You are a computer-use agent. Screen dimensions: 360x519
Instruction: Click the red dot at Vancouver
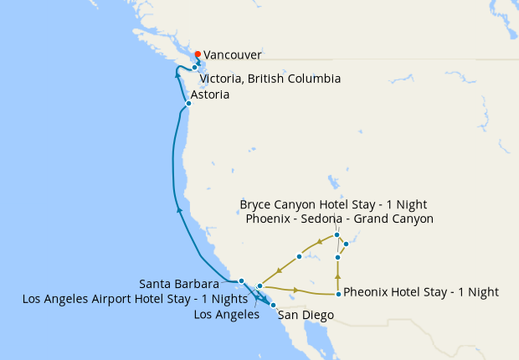[198, 54]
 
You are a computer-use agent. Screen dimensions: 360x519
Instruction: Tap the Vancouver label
[233, 55]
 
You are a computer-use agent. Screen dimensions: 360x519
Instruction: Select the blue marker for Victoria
[194, 67]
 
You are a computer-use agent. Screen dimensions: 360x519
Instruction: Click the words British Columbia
[295, 79]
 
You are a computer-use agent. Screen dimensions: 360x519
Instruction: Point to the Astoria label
[210, 95]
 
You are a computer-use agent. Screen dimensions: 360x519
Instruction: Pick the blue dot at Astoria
[189, 103]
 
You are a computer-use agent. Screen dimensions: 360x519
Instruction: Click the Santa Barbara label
[179, 284]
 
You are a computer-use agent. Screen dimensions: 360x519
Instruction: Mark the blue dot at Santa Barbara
[241, 281]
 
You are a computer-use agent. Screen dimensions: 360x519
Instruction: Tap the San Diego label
[306, 316]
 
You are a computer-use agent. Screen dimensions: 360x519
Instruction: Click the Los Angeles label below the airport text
[225, 315]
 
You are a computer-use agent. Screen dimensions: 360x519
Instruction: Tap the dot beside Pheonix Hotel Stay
[338, 294]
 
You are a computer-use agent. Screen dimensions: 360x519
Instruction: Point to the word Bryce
[257, 204]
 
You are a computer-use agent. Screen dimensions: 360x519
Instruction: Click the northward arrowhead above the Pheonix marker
[337, 275]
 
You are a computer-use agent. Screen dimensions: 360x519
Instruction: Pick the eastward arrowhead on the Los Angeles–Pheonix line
[297, 291]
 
